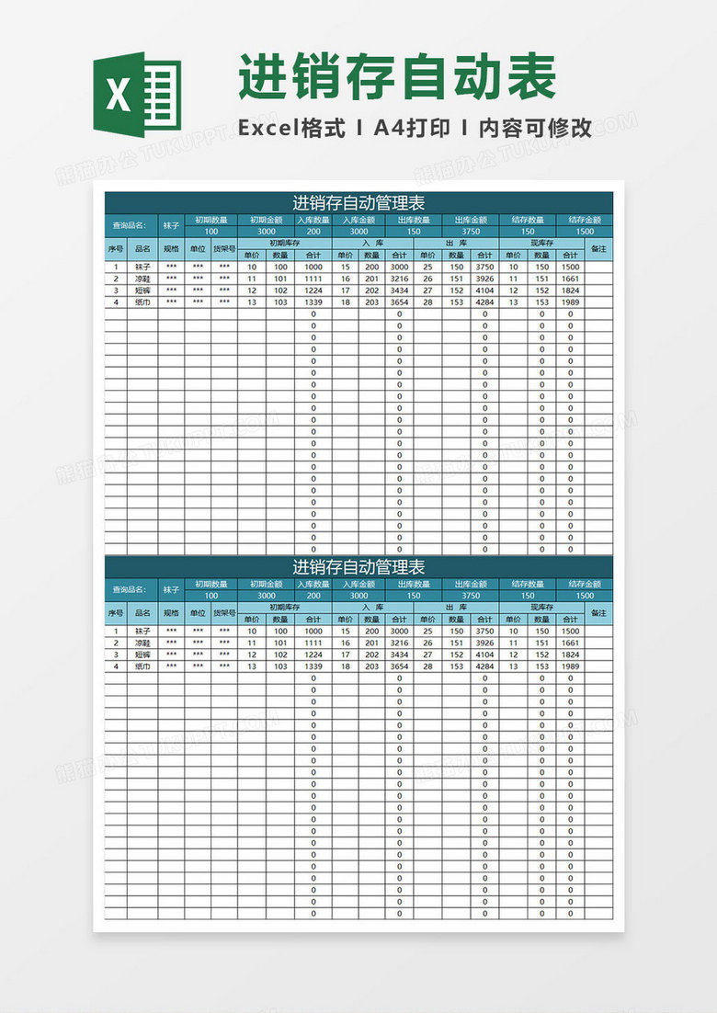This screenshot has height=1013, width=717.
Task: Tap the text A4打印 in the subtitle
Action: pyautogui.click(x=412, y=128)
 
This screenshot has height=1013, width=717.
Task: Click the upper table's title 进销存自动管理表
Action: pyautogui.click(x=358, y=202)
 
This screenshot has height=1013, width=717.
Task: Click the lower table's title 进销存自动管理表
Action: pyautogui.click(x=358, y=567)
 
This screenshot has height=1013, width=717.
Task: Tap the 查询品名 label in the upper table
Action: pyautogui.click(x=129, y=225)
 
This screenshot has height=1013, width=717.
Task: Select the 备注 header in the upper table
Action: pyautogui.click(x=598, y=248)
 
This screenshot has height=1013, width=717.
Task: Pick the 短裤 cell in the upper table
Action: pyautogui.click(x=142, y=290)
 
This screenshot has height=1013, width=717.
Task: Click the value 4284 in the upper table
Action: pyautogui.click(x=484, y=302)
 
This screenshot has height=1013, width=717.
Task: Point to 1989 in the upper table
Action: pyautogui.click(x=570, y=302)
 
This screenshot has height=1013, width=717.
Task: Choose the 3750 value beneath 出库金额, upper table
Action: pyautogui.click(x=470, y=232)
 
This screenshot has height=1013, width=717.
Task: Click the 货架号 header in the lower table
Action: pyautogui.click(x=224, y=613)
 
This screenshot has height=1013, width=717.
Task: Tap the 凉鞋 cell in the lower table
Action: pyautogui.click(x=142, y=643)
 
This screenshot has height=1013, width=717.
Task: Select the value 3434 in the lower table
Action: pyautogui.click(x=399, y=654)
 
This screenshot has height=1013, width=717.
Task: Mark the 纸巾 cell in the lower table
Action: pyautogui.click(x=142, y=666)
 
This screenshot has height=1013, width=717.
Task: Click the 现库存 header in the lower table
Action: pyautogui.click(x=541, y=608)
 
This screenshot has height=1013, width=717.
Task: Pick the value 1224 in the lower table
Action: pyautogui.click(x=313, y=654)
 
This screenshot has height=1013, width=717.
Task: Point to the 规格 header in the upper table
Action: pyautogui.click(x=171, y=248)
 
